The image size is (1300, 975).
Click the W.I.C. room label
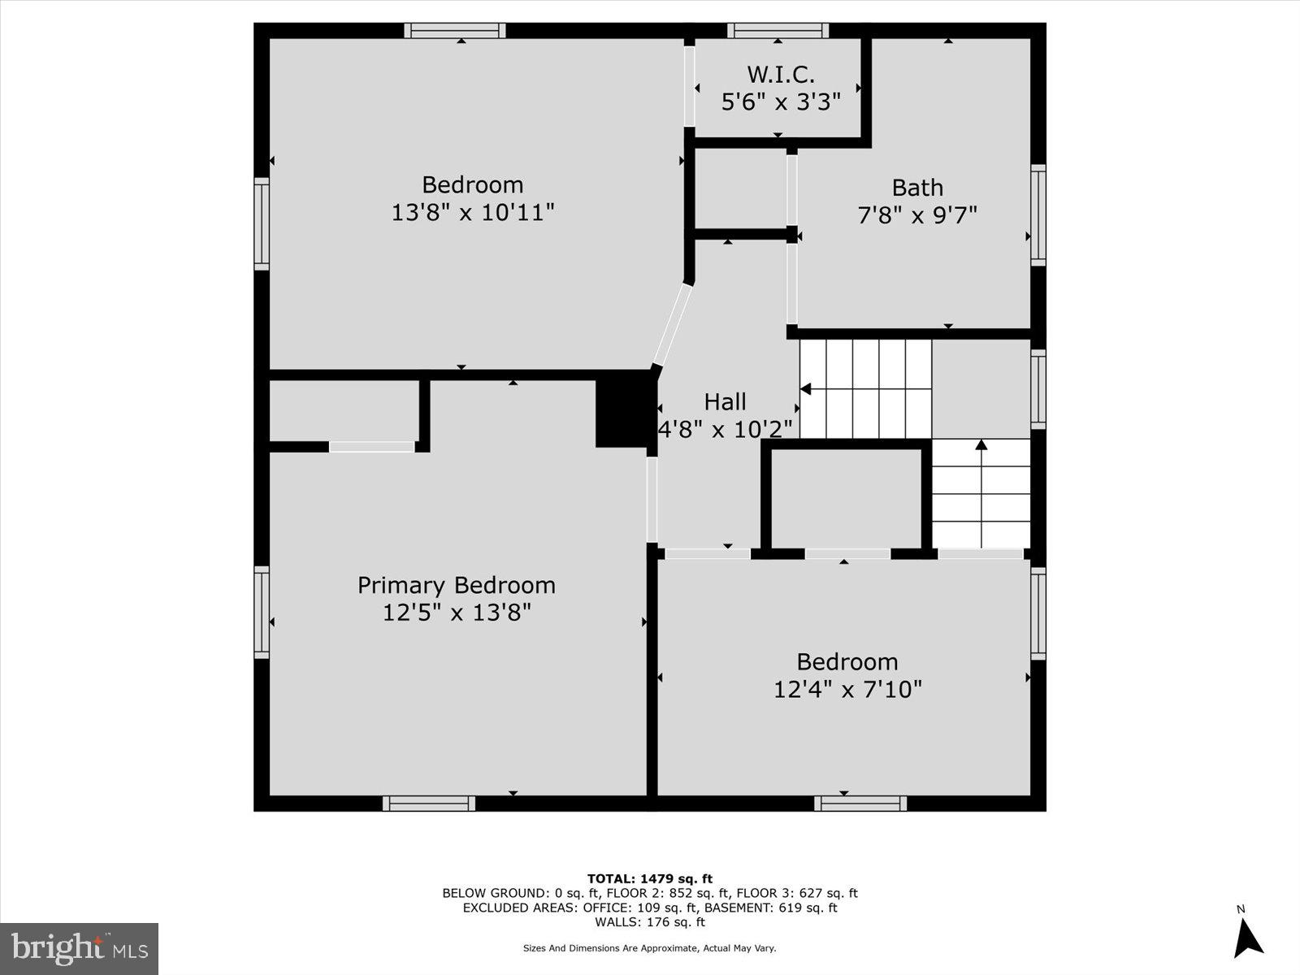tap(780, 75)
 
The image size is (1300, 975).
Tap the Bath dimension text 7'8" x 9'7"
tap(917, 215)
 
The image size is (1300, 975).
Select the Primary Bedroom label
tap(457, 585)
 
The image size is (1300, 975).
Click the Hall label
tap(725, 401)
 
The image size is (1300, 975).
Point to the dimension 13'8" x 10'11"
tap(473, 213)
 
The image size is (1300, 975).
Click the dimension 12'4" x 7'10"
tap(847, 690)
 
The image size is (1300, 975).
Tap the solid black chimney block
tap(626, 413)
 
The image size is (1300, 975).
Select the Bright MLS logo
tap(79, 948)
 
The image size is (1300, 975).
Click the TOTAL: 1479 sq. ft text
tap(650, 878)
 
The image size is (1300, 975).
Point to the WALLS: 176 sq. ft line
tap(650, 922)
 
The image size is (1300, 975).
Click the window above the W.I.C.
tap(778, 31)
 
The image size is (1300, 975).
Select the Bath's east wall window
tap(1038, 214)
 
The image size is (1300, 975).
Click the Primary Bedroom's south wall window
tap(429, 804)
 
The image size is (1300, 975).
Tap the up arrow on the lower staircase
tap(981, 445)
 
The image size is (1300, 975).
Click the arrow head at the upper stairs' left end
tap(805, 389)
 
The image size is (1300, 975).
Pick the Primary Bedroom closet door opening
tap(372, 447)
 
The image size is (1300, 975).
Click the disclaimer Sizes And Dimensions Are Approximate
tap(650, 948)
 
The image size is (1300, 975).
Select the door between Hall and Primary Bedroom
tap(652, 500)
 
